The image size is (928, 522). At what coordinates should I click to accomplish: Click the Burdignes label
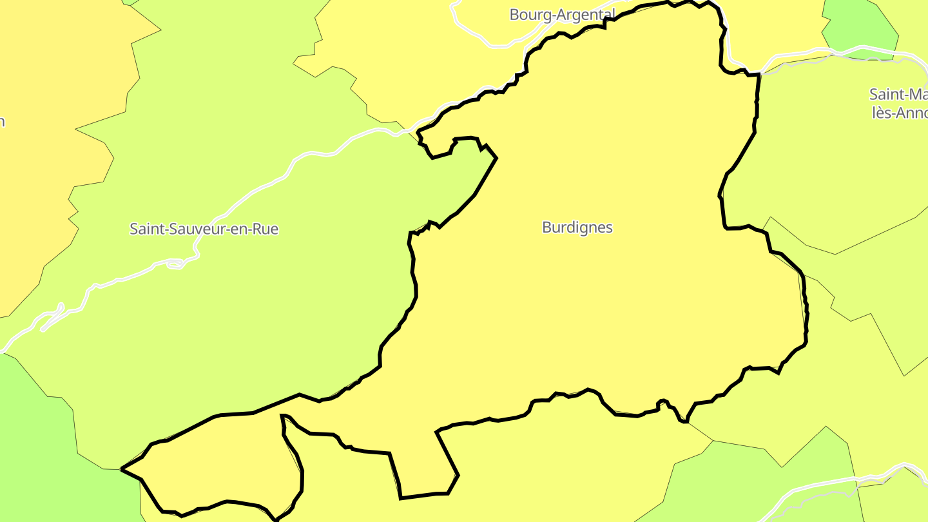pos(577,227)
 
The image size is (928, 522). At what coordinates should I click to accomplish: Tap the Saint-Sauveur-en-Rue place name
pos(204,229)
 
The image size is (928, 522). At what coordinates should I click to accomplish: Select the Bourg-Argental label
pos(562,14)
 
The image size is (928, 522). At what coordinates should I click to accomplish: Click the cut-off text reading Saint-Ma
pos(898,94)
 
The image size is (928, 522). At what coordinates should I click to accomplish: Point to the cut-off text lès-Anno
pos(899,112)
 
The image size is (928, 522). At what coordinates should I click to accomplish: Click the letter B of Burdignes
pos(547,227)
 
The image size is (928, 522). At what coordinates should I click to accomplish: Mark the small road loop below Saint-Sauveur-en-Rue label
pos(175,264)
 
